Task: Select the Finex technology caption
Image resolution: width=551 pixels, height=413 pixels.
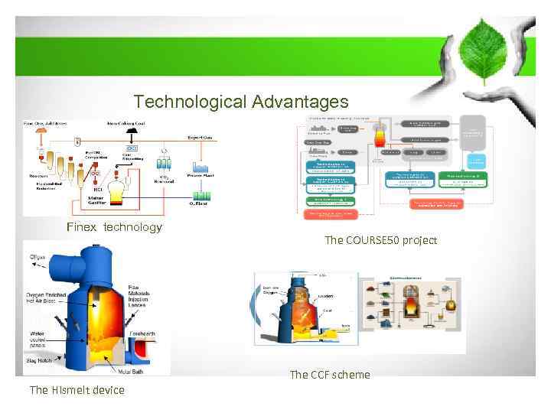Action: pos(114,227)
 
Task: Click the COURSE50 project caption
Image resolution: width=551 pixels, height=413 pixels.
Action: pos(380,240)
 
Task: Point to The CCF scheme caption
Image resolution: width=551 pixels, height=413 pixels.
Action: pos(329,375)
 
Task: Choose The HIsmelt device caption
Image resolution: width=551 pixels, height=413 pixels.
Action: pos(77,390)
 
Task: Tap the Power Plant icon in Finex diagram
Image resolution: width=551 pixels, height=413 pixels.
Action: pos(201,169)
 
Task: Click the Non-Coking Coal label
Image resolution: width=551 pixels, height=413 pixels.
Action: pos(126,123)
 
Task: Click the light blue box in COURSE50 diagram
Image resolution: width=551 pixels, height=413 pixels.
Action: pos(476,162)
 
